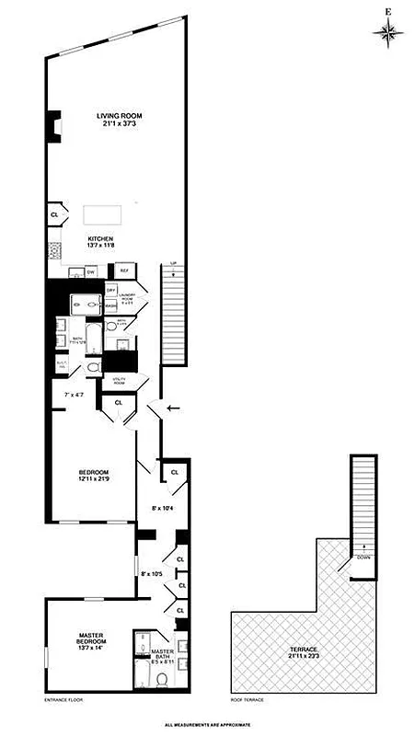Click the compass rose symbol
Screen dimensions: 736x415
pos(388,32)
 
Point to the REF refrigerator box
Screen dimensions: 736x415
pos(123,271)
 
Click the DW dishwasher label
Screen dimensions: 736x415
pos(90,272)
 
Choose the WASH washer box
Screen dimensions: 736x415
pos(110,305)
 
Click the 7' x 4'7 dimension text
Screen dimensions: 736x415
pos(75,395)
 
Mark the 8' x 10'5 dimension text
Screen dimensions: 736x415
pos(154,575)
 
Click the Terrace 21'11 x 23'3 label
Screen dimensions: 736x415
pos(305,654)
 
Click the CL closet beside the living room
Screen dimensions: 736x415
pos(54,215)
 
